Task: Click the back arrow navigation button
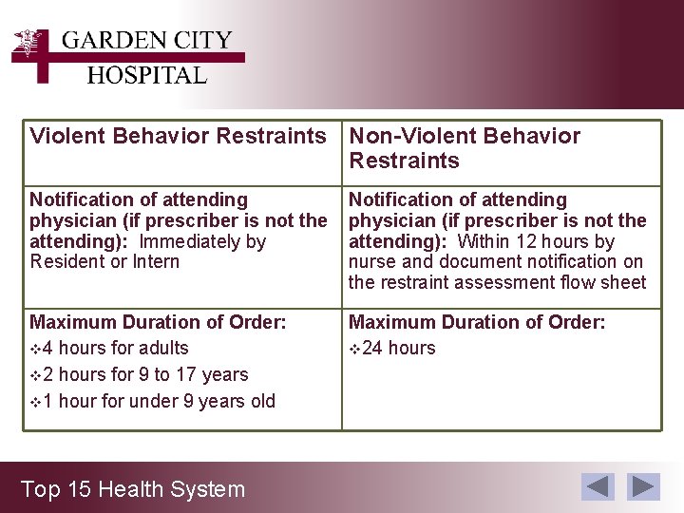pyautogui.click(x=598, y=486)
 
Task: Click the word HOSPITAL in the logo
pyautogui.click(x=146, y=75)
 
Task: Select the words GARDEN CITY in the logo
pyautogui.click(x=146, y=41)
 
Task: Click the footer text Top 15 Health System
pyautogui.click(x=133, y=489)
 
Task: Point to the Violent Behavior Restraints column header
pyautogui.click(x=178, y=136)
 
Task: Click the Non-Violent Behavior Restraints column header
pyautogui.click(x=465, y=148)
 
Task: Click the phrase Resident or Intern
pyautogui.click(x=104, y=261)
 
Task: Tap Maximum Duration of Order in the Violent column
pyautogui.click(x=158, y=322)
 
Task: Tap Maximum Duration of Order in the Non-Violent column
pyautogui.click(x=477, y=322)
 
